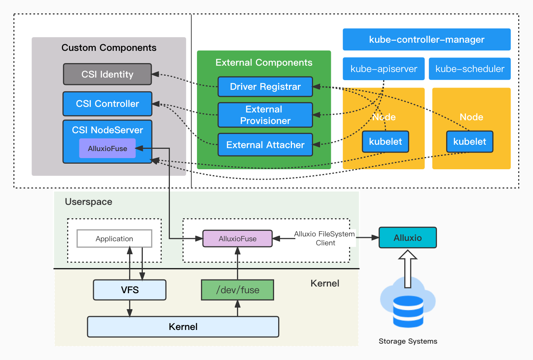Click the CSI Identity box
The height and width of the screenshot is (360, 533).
click(x=107, y=74)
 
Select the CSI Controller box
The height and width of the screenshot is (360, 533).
click(x=107, y=104)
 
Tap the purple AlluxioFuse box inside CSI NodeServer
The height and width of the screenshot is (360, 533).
click(x=107, y=148)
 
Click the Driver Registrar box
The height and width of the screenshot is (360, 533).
click(x=265, y=87)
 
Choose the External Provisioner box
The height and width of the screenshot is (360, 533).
click(x=265, y=115)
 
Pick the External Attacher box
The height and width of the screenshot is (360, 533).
click(x=265, y=145)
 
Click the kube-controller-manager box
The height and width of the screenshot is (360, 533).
click(x=427, y=39)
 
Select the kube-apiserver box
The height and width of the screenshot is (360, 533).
click(x=384, y=69)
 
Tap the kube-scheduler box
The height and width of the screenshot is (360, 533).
click(x=470, y=69)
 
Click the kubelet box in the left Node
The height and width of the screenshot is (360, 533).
click(x=385, y=141)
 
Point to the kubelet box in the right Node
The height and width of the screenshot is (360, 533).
click(x=470, y=141)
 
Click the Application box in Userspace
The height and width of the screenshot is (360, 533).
click(x=114, y=239)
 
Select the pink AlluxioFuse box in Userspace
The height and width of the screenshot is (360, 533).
click(x=237, y=239)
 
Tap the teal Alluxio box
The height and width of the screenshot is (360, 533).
click(x=408, y=238)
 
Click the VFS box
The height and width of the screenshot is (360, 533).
click(x=129, y=290)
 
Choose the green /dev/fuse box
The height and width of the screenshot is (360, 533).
click(x=237, y=290)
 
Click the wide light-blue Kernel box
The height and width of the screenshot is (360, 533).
click(x=183, y=327)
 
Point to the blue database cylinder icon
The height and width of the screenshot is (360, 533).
click(x=408, y=312)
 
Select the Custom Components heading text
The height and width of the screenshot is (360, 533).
click(x=109, y=48)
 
